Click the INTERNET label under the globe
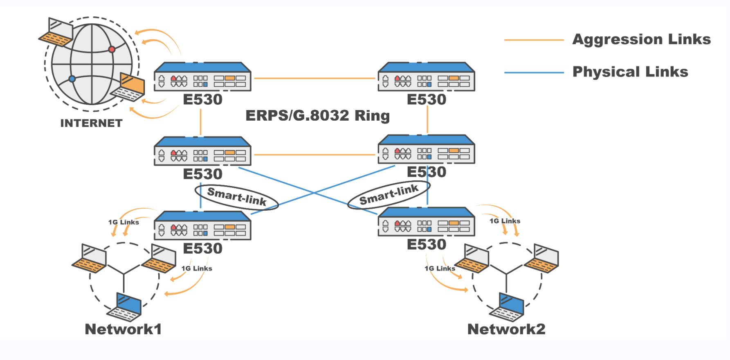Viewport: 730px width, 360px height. (91, 123)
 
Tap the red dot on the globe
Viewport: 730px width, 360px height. (111, 49)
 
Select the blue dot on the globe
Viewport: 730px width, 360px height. (72, 79)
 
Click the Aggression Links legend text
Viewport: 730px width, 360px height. (641, 39)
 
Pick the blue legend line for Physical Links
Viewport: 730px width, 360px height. (534, 72)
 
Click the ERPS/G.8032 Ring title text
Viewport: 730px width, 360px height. (317, 115)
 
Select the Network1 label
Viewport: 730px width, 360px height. (123, 329)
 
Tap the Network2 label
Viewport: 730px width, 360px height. (506, 329)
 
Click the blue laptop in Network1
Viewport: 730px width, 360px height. (125, 307)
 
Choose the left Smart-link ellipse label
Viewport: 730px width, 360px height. (237, 197)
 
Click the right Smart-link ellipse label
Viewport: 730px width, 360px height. (389, 195)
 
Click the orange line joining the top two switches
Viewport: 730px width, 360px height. (314, 78)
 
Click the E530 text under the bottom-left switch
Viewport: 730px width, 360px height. (202, 248)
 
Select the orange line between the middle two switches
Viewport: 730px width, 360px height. (314, 155)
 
